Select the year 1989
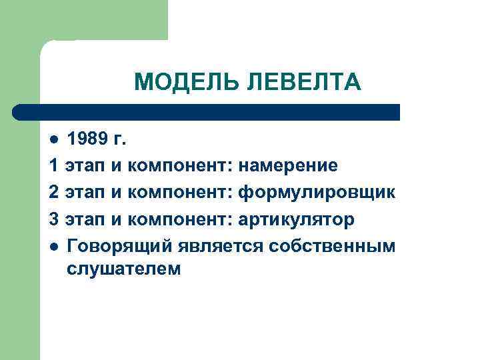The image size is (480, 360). pos(85,139)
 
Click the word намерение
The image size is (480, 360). pos(288,165)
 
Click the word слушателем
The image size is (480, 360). pos(123,269)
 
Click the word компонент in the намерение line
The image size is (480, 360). pos(180,165)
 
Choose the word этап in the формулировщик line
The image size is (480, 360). pos(85,193)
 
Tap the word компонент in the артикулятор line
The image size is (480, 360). pos(180,219)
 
